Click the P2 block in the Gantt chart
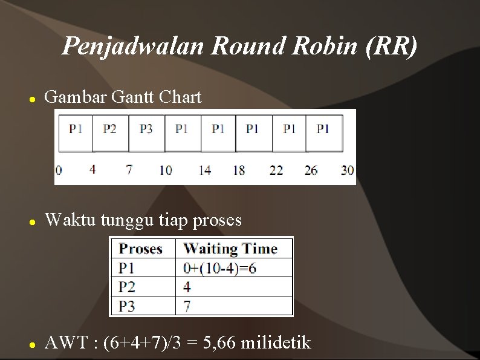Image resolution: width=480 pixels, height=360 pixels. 109,129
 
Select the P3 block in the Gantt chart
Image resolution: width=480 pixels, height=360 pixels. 146,129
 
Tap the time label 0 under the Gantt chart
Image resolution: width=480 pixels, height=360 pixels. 59,170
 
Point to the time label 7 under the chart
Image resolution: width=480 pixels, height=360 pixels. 129,169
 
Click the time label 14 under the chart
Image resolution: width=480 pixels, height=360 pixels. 205,170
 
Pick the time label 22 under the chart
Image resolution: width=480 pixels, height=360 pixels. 276,170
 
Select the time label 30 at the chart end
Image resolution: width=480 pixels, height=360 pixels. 347,170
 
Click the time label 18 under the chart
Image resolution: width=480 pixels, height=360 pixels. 239,170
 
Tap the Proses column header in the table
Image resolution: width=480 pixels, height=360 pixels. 141,249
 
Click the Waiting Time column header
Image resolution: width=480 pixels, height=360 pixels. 230,249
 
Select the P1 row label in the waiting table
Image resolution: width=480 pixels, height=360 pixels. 127,267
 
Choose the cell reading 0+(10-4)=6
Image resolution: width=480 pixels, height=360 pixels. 219,267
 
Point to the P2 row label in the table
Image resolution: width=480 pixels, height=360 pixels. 127,287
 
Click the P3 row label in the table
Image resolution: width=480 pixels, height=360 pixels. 127,306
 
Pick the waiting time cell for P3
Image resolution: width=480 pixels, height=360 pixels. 187,306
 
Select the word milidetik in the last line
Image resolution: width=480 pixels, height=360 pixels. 276,343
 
